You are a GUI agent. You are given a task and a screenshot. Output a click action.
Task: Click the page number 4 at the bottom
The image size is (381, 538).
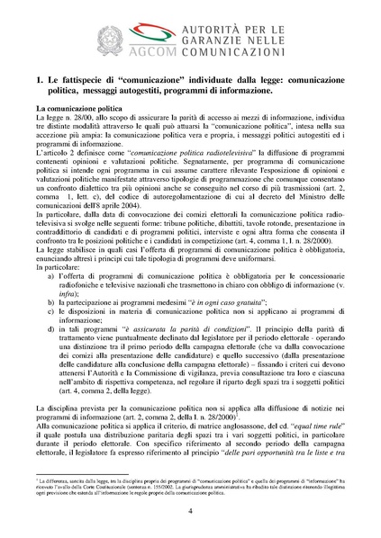click(x=190, y=510)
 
